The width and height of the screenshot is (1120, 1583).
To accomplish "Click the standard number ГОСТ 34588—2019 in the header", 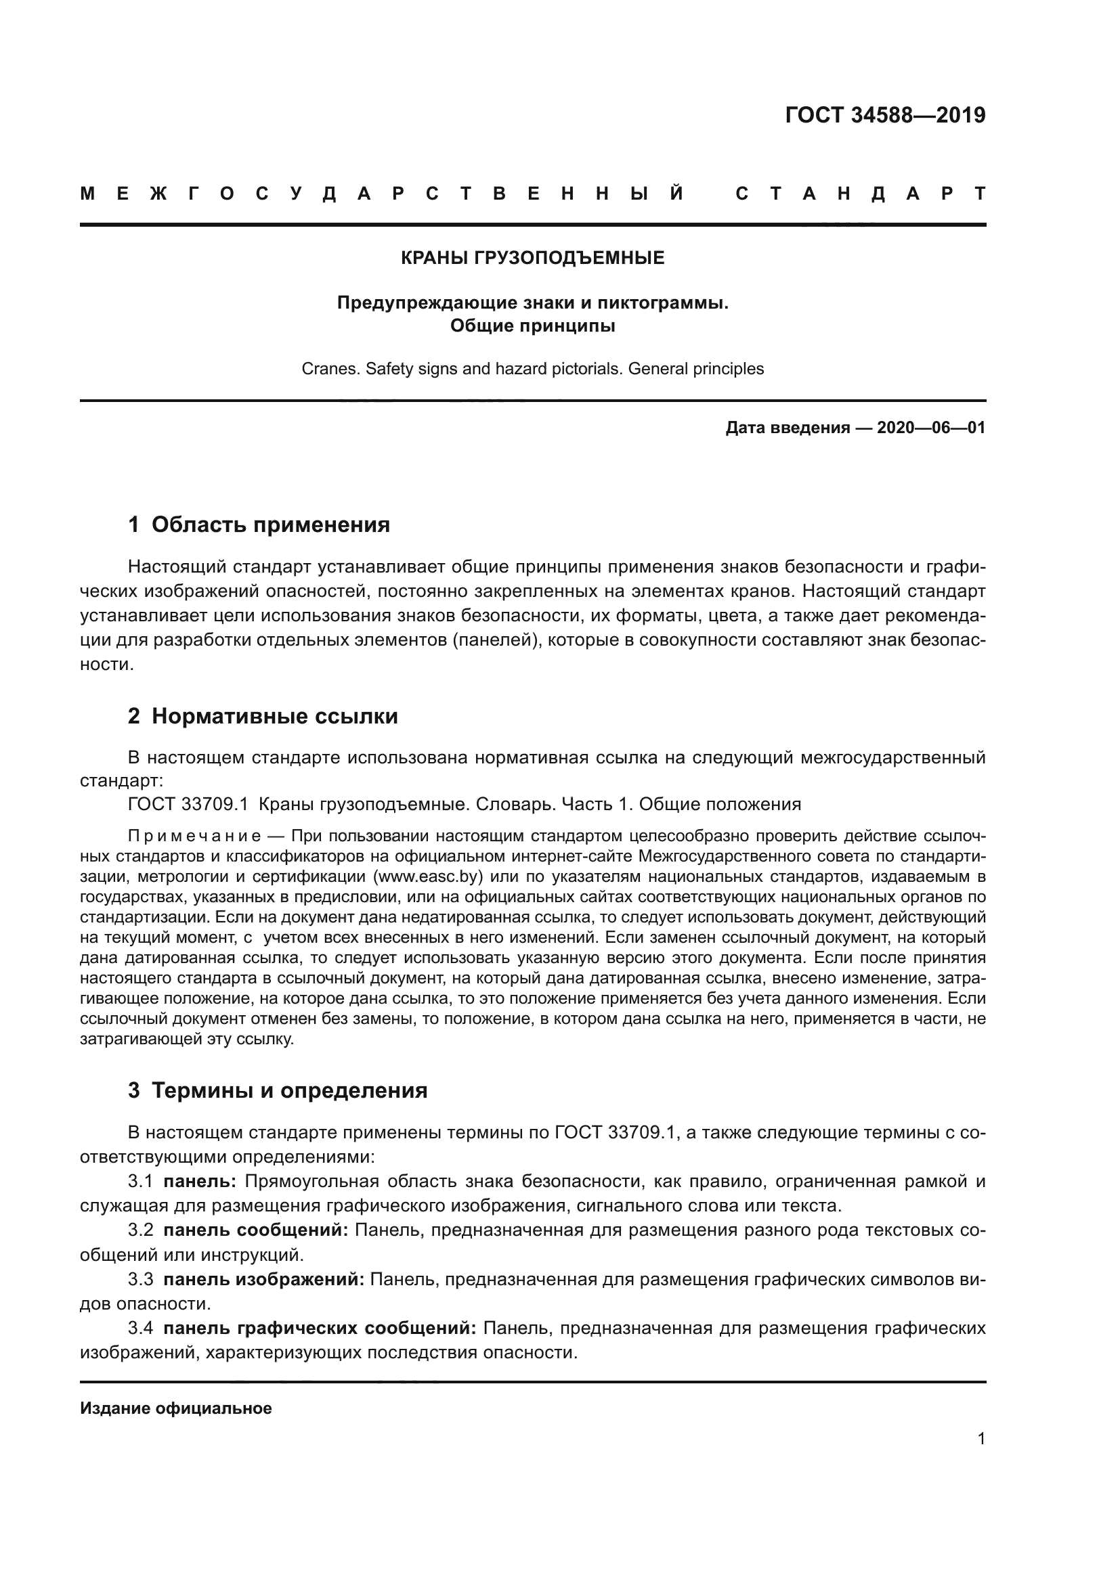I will tap(885, 115).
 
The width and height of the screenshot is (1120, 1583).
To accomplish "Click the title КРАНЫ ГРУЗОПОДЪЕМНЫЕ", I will tap(532, 258).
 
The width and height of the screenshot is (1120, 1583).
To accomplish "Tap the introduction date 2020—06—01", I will tap(930, 428).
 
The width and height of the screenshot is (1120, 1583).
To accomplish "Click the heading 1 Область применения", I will tap(259, 525).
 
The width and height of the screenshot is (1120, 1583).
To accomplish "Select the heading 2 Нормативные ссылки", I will tap(263, 716).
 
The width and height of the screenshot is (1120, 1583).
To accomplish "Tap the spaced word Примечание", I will tap(194, 837).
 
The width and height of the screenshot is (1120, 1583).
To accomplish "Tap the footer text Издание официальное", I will tap(176, 1408).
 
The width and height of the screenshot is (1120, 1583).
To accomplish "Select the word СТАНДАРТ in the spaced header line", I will tap(860, 194).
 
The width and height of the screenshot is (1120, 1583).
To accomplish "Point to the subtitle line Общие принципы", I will tap(532, 326).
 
